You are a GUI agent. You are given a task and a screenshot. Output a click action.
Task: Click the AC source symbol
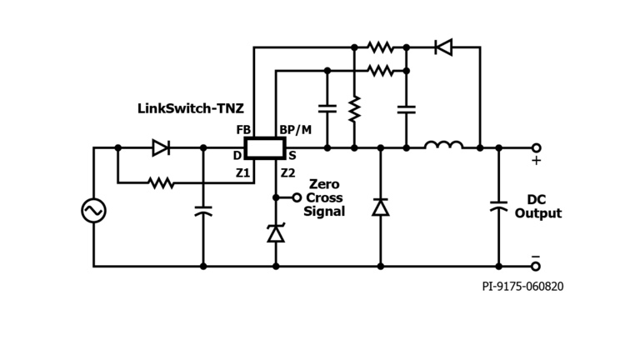pyautogui.click(x=93, y=211)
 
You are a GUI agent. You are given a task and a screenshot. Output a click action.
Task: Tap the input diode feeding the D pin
pyautogui.click(x=161, y=147)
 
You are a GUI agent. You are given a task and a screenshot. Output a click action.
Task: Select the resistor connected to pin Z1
pyautogui.click(x=161, y=182)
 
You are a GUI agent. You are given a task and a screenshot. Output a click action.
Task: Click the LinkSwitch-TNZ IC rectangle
pyautogui.click(x=264, y=148)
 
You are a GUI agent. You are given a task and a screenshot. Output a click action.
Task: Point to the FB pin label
pyautogui.click(x=243, y=130)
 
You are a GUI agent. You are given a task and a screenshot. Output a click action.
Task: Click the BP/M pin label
pyautogui.click(x=295, y=130)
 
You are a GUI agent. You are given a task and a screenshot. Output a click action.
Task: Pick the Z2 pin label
pyautogui.click(x=287, y=172)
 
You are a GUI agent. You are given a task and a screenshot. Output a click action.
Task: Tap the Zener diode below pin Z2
pyautogui.click(x=276, y=233)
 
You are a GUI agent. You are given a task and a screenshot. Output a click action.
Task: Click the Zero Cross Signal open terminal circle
pyautogui.click(x=297, y=197)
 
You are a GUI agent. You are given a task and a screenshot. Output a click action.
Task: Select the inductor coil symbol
pyautogui.click(x=443, y=147)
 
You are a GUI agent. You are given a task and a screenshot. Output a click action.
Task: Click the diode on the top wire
pyautogui.click(x=444, y=47)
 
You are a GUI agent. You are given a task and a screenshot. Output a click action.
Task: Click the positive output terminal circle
pyautogui.click(x=536, y=147)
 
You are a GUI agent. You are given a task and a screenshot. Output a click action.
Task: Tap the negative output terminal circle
pyautogui.click(x=536, y=266)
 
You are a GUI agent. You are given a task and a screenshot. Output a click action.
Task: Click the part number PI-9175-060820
pyautogui.click(x=522, y=287)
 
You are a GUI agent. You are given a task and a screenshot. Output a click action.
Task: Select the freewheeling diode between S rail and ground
pyautogui.click(x=381, y=207)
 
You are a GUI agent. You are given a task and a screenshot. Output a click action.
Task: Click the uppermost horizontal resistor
pyautogui.click(x=380, y=47)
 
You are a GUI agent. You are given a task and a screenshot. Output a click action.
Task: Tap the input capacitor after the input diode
pyautogui.click(x=203, y=211)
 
